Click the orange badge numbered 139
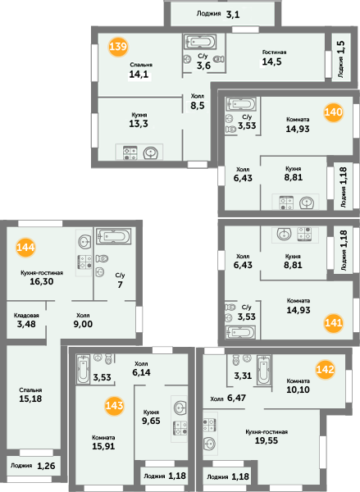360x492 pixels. pyautogui.click(x=118, y=47)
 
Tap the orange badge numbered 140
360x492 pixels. pyautogui.click(x=333, y=112)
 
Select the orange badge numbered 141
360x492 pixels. pyautogui.click(x=333, y=323)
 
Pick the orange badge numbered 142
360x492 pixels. pyautogui.click(x=326, y=369)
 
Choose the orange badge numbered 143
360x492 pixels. pyautogui.click(x=114, y=406)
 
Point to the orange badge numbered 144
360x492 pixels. pyautogui.click(x=25, y=248)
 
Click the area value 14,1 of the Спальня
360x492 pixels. pyautogui.click(x=139, y=75)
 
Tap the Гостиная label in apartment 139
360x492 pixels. pyautogui.click(x=275, y=52)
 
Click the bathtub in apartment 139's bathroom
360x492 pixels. pyautogui.click(x=200, y=42)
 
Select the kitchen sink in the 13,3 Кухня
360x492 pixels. pyautogui.click(x=151, y=153)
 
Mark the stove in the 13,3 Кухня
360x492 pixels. pyautogui.click(x=130, y=153)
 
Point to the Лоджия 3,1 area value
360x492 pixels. pyautogui.click(x=233, y=15)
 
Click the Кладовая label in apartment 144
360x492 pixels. pyautogui.click(x=26, y=316)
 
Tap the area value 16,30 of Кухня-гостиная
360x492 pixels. pyautogui.click(x=42, y=281)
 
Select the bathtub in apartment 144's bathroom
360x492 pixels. pyautogui.click(x=113, y=236)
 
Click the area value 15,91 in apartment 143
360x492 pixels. pyautogui.click(x=103, y=446)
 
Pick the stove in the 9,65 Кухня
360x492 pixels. pyautogui.click(x=180, y=428)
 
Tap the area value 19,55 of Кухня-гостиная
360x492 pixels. pyautogui.click(x=267, y=440)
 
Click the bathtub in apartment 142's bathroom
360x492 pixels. pyautogui.click(x=264, y=370)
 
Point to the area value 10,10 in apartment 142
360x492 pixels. pyautogui.click(x=298, y=389)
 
